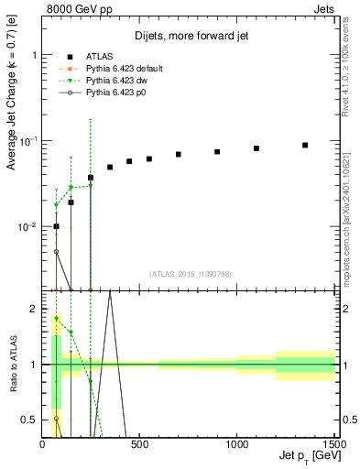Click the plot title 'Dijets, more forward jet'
189,36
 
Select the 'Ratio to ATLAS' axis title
14,364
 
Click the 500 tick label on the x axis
140,443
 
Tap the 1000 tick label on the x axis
236,443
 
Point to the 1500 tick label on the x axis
333,443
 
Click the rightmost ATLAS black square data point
305,145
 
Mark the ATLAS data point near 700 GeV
179,154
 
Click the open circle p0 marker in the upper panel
56,251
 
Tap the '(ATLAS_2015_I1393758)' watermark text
189,273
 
